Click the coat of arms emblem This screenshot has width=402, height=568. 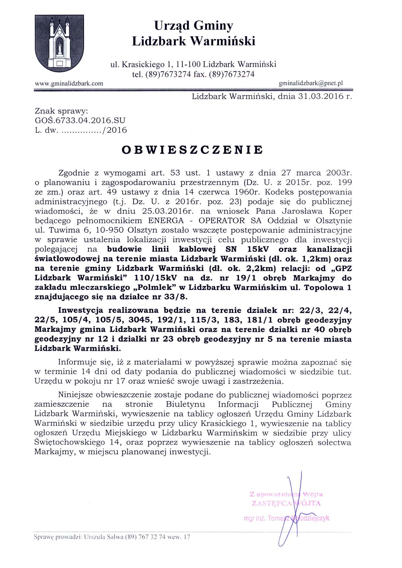coord(59,43)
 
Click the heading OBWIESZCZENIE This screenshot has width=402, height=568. coord(192,150)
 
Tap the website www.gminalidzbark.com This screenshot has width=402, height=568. coord(69,84)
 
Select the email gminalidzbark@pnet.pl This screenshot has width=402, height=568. coord(311,83)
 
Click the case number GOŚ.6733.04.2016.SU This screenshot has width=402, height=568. coord(80,120)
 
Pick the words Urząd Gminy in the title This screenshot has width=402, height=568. coord(194,26)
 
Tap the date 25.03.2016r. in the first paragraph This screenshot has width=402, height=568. coord(168,211)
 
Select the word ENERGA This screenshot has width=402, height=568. coord(166,221)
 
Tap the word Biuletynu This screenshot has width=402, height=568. coord(185,404)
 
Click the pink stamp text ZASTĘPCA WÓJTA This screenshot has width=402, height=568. coord(286,503)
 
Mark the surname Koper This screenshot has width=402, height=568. coord(340,211)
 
